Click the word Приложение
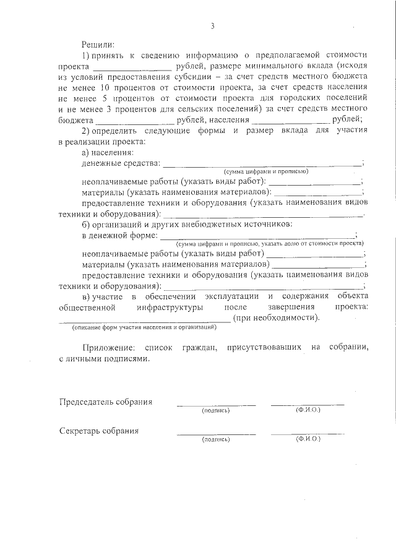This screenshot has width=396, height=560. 108,348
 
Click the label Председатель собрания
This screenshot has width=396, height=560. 105,402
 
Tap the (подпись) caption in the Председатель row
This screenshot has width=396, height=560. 215,410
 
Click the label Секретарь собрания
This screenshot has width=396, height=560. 99,431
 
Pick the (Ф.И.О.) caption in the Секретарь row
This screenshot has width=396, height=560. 308,439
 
